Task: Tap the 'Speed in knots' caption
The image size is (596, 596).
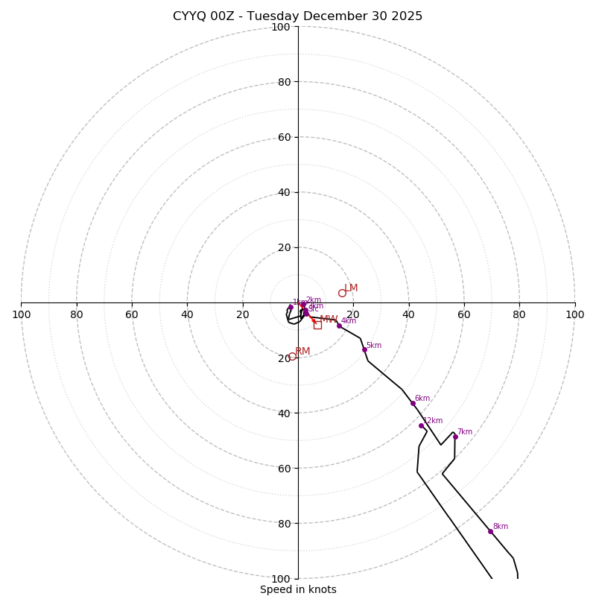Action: click(x=298, y=589)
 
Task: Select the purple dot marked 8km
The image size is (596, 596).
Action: click(x=490, y=531)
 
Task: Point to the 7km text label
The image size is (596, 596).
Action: click(x=465, y=432)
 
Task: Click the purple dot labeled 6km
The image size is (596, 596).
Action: click(x=413, y=403)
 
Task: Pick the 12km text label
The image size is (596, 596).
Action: click(x=433, y=421)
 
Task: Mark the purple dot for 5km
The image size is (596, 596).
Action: click(x=364, y=349)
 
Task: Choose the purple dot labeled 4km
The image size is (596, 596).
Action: click(x=339, y=326)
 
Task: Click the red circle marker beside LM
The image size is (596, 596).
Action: click(x=342, y=293)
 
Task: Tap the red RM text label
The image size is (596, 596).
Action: click(x=302, y=352)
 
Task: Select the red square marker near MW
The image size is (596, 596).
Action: click(x=317, y=325)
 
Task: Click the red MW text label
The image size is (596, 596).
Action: click(x=329, y=320)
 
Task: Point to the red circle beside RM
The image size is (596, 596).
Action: click(x=292, y=356)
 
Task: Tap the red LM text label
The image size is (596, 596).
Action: click(x=351, y=288)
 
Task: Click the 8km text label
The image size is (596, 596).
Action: click(x=501, y=527)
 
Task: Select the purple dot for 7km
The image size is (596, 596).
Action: click(x=455, y=437)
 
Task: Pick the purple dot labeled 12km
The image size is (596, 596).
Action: click(x=421, y=425)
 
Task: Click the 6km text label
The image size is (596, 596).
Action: click(x=422, y=399)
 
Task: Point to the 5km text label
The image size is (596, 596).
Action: click(x=374, y=346)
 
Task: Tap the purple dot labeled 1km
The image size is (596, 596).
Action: click(x=291, y=307)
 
